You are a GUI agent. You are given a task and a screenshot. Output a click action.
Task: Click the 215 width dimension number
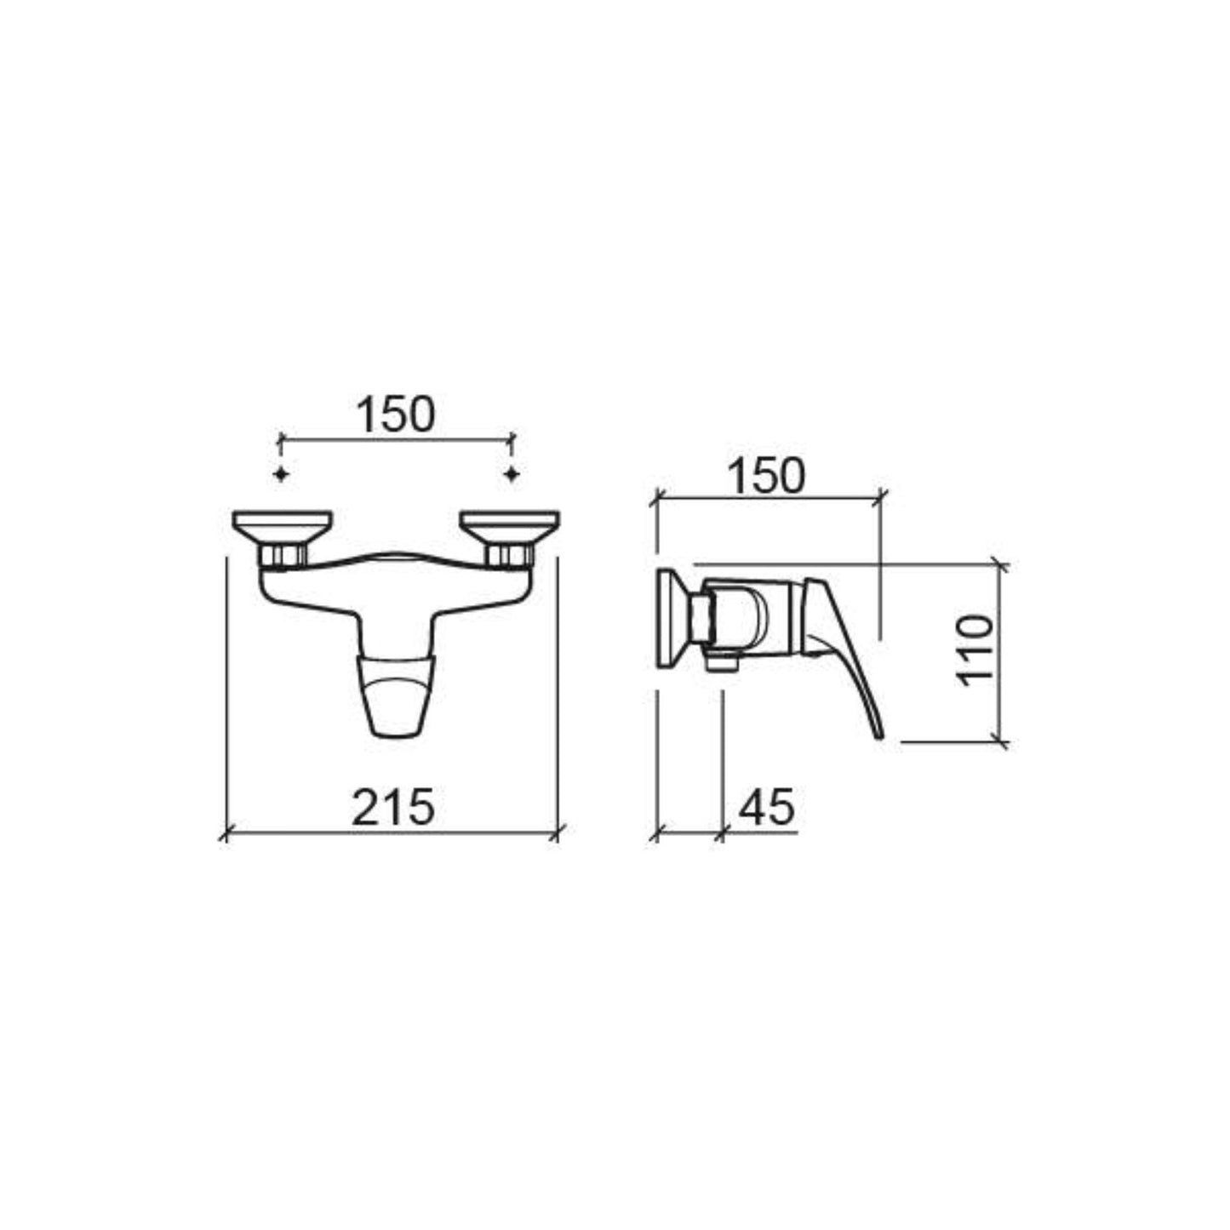(393, 807)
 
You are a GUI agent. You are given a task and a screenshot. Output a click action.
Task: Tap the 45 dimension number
(767, 807)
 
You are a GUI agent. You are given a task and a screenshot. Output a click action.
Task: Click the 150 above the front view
(396, 415)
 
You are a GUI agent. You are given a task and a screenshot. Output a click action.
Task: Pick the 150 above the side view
(767, 476)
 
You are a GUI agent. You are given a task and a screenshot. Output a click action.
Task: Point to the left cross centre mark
(282, 474)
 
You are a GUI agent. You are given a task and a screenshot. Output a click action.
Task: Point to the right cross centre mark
(512, 474)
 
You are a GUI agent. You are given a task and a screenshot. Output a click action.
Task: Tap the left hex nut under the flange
(283, 555)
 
